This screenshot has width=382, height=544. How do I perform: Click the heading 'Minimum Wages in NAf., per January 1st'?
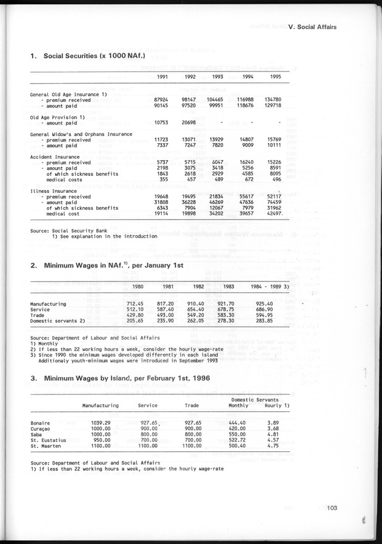107,266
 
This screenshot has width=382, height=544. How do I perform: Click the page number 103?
335,508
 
